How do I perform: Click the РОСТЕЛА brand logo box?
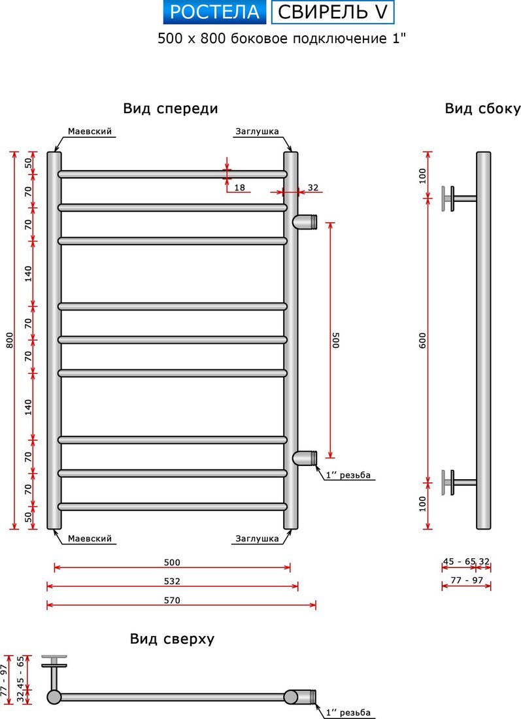click(x=214, y=12)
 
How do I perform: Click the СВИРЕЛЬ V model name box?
click(x=333, y=12)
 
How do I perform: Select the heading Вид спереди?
click(x=170, y=109)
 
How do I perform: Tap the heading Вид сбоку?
click(x=482, y=109)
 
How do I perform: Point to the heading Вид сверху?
click(x=171, y=639)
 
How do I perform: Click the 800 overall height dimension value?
click(x=8, y=341)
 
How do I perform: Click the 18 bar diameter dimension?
click(x=239, y=188)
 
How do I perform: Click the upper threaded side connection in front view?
click(x=305, y=222)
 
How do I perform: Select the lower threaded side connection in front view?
click(x=305, y=458)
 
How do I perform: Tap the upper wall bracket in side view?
click(x=451, y=198)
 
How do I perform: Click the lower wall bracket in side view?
click(x=451, y=482)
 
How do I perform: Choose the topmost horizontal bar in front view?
click(x=173, y=174)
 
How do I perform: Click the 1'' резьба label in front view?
click(x=349, y=475)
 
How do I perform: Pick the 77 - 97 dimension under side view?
click(x=466, y=580)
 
